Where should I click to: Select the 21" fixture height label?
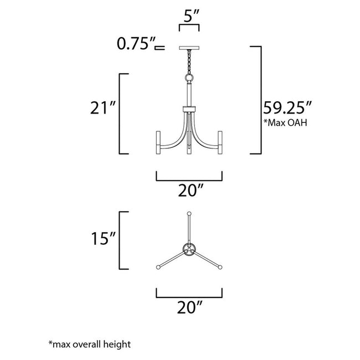[x=102, y=107]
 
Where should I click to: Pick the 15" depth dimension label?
[x=102, y=239]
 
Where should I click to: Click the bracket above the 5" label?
[x=188, y=27]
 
